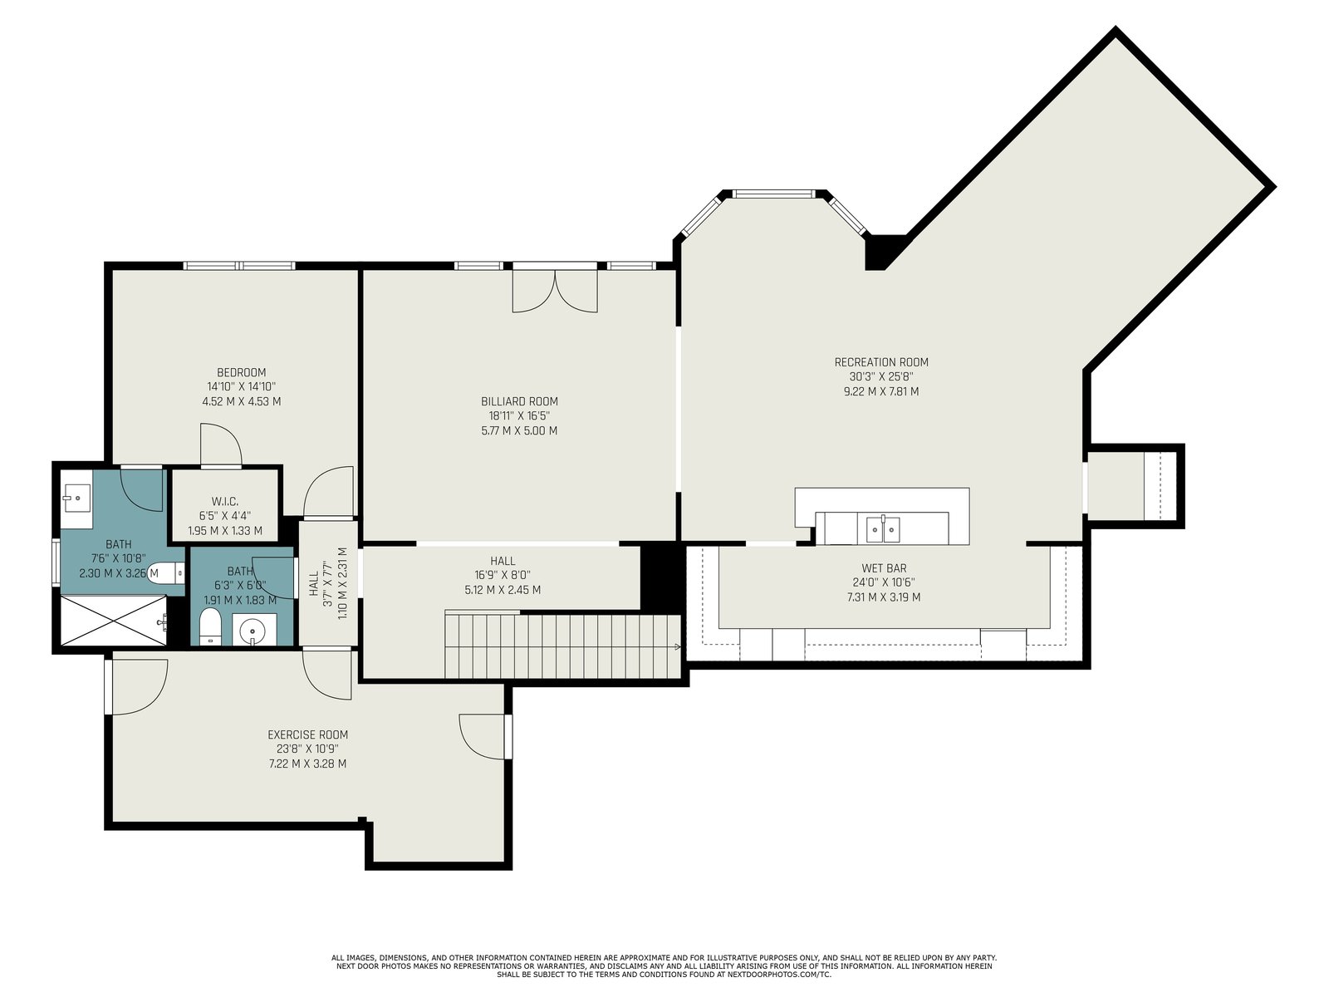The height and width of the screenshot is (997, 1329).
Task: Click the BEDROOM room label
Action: [x=241, y=372]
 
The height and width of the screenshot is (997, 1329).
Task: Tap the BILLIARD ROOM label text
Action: [x=519, y=401]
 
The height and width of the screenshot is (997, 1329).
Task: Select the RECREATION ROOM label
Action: [x=881, y=362]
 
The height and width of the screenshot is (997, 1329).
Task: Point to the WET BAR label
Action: [x=884, y=567]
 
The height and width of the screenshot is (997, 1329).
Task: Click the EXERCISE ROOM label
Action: [x=307, y=734]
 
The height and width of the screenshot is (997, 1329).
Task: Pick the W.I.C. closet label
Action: [x=224, y=501]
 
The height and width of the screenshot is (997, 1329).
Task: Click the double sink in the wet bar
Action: [x=883, y=529]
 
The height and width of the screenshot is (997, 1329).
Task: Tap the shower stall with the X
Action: [x=114, y=621]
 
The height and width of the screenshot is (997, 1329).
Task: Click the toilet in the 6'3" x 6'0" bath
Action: [x=210, y=627]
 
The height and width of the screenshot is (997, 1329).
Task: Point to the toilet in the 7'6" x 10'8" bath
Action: [x=166, y=572]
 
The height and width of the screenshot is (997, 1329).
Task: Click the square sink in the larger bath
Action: [x=76, y=498]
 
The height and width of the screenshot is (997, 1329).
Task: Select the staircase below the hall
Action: [x=563, y=646]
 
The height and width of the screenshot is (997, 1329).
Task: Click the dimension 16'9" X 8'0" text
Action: [x=503, y=575]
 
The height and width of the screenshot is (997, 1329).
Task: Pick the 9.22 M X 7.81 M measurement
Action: [x=881, y=391]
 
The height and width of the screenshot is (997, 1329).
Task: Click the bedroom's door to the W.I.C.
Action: [x=221, y=445]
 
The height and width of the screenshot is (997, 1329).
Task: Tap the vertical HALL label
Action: [x=314, y=583]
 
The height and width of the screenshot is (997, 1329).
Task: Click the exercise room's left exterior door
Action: [x=136, y=686]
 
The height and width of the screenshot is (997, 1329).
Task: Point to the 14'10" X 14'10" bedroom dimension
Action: [x=241, y=386]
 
